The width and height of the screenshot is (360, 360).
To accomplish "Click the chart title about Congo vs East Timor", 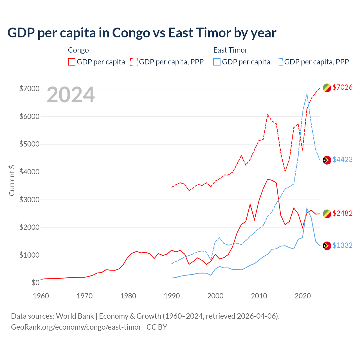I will pyautogui.click(x=142, y=33).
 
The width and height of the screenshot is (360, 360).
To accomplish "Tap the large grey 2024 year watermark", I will pyautogui.click(x=71, y=95).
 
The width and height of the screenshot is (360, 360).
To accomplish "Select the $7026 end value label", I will pyautogui.click(x=342, y=87).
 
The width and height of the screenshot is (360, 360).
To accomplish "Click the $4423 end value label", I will pyautogui.click(x=342, y=159).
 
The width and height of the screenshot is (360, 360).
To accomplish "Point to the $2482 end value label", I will pyautogui.click(x=342, y=213).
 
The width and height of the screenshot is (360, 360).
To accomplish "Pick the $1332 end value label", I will pyautogui.click(x=342, y=245).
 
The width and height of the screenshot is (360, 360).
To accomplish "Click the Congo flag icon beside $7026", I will pyautogui.click(x=327, y=88).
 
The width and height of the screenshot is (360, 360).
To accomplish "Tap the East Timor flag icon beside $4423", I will pyautogui.click(x=327, y=160).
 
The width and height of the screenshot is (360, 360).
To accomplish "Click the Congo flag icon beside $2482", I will pyautogui.click(x=327, y=214).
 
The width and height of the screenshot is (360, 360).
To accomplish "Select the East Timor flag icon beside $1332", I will pyautogui.click(x=327, y=246).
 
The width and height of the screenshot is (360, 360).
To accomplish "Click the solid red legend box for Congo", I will pyautogui.click(x=72, y=62).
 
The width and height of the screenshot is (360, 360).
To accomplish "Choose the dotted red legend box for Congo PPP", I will pyautogui.click(x=134, y=62).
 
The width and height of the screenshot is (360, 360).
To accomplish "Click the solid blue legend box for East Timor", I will pyautogui.click(x=217, y=62).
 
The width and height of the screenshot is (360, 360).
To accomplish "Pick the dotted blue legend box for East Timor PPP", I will pyautogui.click(x=279, y=62).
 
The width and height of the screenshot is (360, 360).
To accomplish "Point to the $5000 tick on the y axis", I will pyautogui.click(x=29, y=144).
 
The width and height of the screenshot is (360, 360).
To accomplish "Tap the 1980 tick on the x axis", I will pyautogui.click(x=128, y=296).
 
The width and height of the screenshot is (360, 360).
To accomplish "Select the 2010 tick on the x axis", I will pyautogui.click(x=259, y=296).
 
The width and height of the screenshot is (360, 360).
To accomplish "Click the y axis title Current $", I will pyautogui.click(x=12, y=180).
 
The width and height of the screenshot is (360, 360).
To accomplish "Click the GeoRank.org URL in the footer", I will pyautogui.click(x=76, y=327).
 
